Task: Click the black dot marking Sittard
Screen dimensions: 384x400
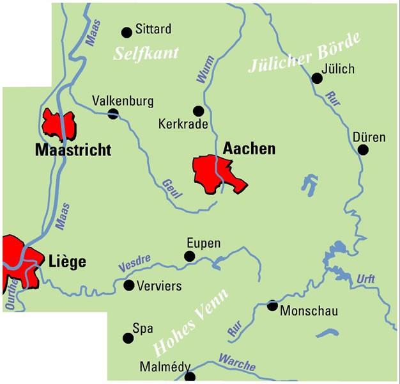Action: [126, 30]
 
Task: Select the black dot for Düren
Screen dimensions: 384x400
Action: [363, 150]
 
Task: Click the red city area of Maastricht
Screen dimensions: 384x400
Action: [59, 124]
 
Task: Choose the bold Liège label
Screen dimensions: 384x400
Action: [67, 261]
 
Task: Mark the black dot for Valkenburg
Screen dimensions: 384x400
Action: [113, 114]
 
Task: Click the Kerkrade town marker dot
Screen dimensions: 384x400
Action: [199, 110]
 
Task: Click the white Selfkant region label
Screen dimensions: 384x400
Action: [146, 53]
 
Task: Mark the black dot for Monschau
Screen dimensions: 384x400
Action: [272, 305]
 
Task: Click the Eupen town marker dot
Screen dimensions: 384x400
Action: [189, 256]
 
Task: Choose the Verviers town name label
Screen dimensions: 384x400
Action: [159, 286]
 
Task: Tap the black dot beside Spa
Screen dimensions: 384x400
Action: [126, 337]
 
